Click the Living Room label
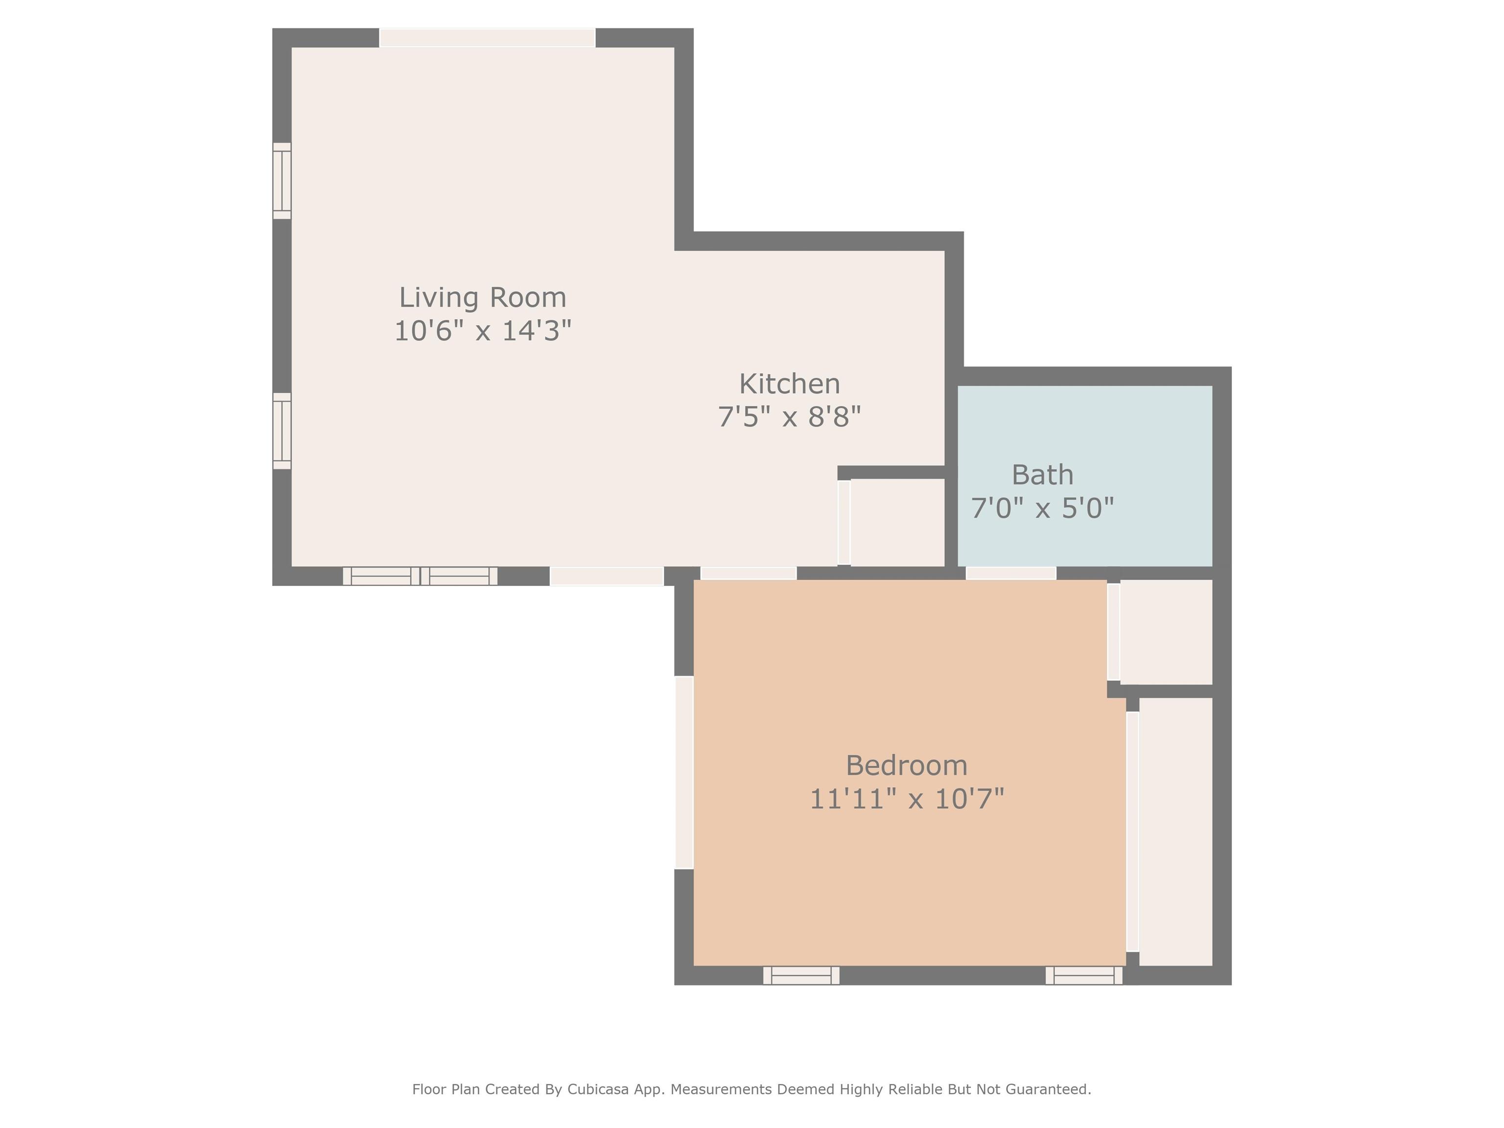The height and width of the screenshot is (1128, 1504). tap(482, 297)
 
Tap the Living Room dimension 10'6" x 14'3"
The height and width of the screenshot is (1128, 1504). tap(483, 330)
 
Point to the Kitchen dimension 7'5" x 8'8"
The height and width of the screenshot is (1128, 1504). tap(789, 416)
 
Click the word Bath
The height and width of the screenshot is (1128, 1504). tap(1042, 474)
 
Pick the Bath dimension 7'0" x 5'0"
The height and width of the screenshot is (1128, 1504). tap(1042, 507)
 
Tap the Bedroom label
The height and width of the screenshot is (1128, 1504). tap(906, 766)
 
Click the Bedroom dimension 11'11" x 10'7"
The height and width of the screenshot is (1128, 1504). tap(906, 798)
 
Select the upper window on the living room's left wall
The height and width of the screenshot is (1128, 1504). tap(282, 181)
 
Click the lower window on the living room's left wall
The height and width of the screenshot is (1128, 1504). tap(282, 431)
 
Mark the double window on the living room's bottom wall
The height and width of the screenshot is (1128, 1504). tap(420, 576)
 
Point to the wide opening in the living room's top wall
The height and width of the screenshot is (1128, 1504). tap(487, 37)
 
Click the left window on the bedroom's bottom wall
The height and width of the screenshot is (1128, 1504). tap(801, 976)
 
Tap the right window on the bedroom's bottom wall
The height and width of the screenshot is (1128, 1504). tap(1084, 976)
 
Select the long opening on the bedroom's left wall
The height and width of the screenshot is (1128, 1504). tap(684, 773)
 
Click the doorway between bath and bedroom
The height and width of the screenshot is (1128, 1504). tap(1011, 573)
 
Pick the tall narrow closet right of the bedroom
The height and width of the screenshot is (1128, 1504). tap(1175, 831)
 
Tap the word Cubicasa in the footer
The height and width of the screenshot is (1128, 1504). tap(598, 1090)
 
